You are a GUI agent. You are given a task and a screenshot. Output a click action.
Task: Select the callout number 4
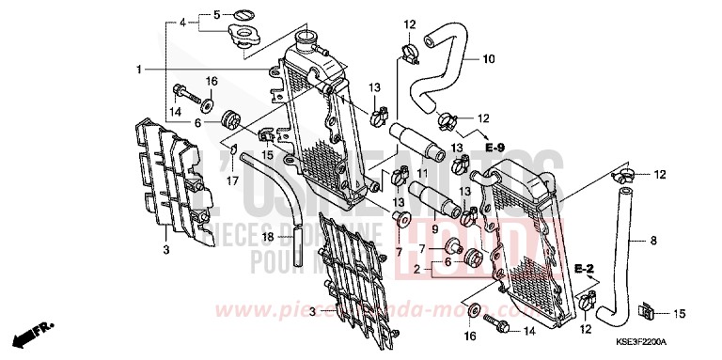coord(184,20)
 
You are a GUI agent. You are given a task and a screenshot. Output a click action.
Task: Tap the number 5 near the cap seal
coord(215,15)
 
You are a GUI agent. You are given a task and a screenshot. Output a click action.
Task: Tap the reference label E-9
coord(495,148)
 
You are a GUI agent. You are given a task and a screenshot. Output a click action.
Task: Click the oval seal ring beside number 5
coord(243,15)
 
